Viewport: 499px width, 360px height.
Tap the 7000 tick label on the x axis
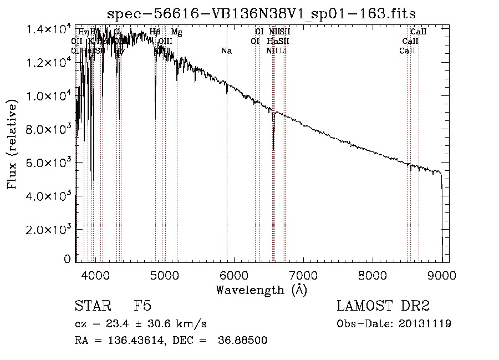click(x=303, y=274)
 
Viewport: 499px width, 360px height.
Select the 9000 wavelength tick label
click(x=442, y=274)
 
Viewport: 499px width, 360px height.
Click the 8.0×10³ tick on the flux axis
click(x=75, y=129)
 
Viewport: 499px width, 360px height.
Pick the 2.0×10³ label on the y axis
click(x=50, y=229)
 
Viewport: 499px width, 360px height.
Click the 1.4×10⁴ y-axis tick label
click(x=50, y=29)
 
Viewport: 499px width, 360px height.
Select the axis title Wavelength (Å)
click(x=262, y=289)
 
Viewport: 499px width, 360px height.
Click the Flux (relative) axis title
click(x=12, y=143)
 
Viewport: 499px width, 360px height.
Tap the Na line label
click(x=226, y=51)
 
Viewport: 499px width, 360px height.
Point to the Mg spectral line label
click(x=176, y=32)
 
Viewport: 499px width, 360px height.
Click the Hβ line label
click(x=155, y=32)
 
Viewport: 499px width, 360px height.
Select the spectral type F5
click(x=142, y=307)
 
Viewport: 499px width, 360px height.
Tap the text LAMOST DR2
click(x=383, y=307)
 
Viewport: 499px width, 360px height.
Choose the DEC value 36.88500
click(x=244, y=341)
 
